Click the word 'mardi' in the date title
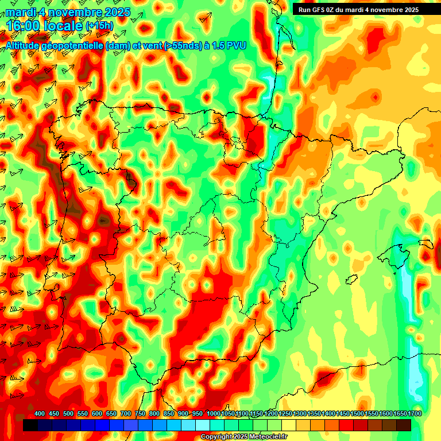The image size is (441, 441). [x=20, y=12]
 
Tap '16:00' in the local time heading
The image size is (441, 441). [x=24, y=25]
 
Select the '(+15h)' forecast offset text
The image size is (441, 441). [x=99, y=26]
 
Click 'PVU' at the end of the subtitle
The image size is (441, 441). [x=235, y=45]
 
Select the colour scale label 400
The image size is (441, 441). [x=40, y=413]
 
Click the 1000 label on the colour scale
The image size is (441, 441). [x=213, y=413]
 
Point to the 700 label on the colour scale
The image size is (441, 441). [x=126, y=413]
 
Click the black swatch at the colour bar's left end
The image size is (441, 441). [x=30, y=425]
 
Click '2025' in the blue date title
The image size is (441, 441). [x=115, y=12]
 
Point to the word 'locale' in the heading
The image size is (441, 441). [x=61, y=25]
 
